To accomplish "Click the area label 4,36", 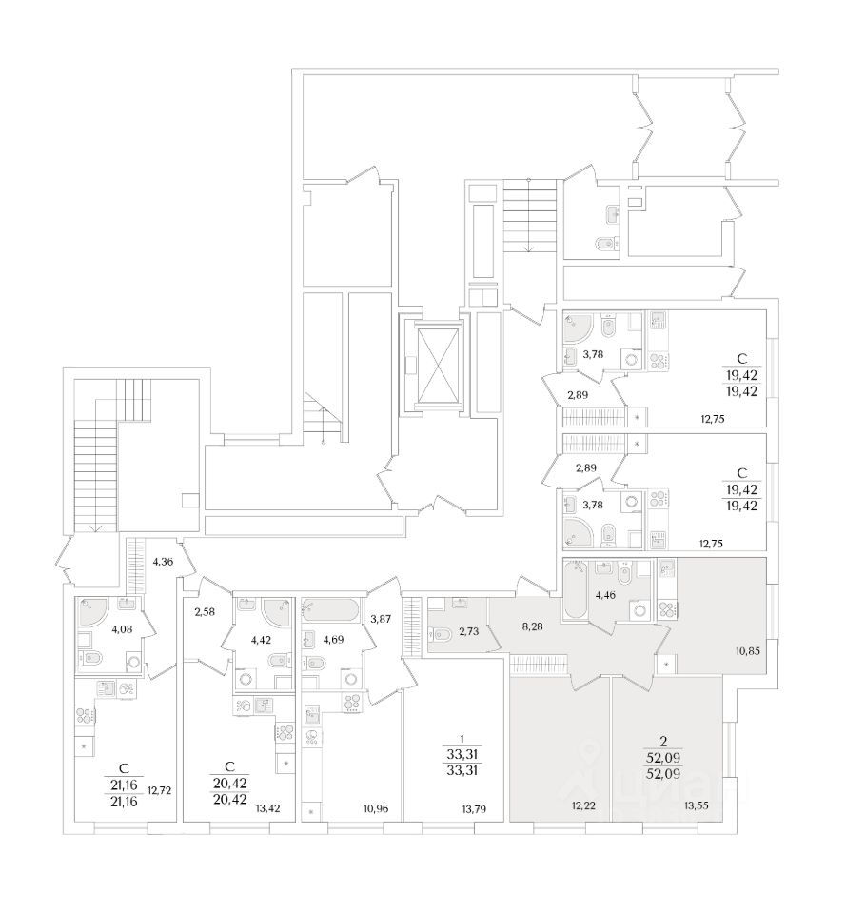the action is point(162,561).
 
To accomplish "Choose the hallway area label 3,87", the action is point(379,619).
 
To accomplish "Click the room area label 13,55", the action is point(698,806).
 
